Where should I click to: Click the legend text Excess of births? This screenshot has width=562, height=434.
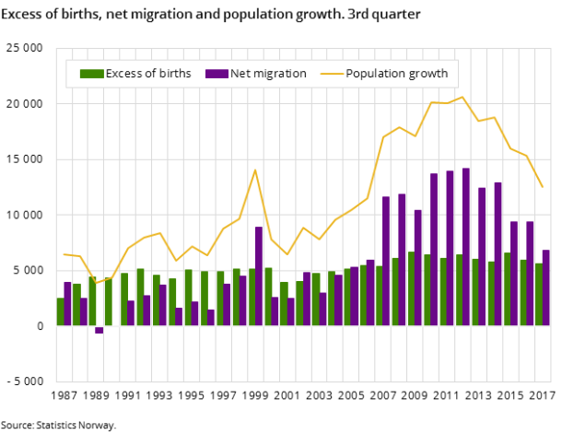148,74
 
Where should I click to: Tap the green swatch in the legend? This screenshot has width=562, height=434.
91,74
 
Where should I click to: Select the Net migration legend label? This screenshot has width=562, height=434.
268,74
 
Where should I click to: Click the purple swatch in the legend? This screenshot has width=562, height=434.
217,74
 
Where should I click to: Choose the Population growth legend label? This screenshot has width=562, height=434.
396,74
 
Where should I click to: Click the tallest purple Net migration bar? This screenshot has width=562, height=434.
466,246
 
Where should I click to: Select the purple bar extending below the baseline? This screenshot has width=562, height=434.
100,329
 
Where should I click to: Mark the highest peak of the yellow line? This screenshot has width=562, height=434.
462,97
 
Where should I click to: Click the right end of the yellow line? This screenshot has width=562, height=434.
543,187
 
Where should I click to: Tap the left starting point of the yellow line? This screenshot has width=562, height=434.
64,254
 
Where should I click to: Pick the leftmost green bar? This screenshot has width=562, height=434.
61,311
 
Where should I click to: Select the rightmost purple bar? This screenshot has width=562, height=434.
546,287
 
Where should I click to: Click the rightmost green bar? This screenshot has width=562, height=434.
539,294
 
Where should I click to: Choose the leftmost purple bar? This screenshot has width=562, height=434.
67,303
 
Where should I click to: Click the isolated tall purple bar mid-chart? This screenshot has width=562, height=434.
259,276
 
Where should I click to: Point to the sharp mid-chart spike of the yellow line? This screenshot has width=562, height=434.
255,170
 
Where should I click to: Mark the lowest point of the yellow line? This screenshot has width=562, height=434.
95,284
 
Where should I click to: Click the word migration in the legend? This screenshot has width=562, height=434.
281,74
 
